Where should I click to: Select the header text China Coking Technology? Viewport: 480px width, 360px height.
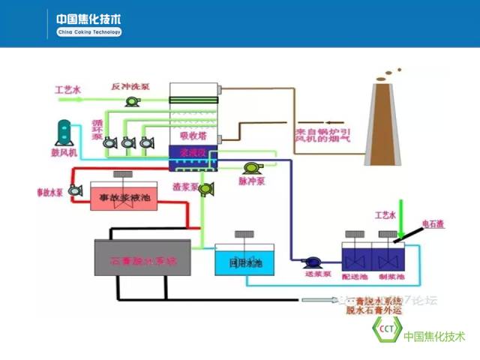click(x=89, y=32)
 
